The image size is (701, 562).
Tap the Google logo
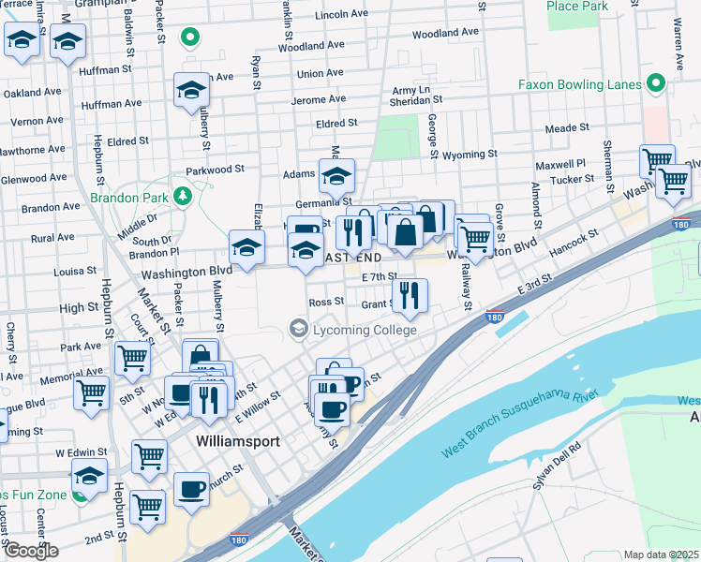pyautogui.click(x=31, y=551)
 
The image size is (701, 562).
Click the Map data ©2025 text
pyautogui.click(x=661, y=555)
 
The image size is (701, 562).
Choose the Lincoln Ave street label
pyautogui.click(x=342, y=15)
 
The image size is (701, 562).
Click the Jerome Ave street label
pyautogui.click(x=319, y=99)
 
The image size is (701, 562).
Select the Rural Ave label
pyautogui.click(x=52, y=238)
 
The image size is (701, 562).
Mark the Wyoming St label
pyautogui.click(x=469, y=154)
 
